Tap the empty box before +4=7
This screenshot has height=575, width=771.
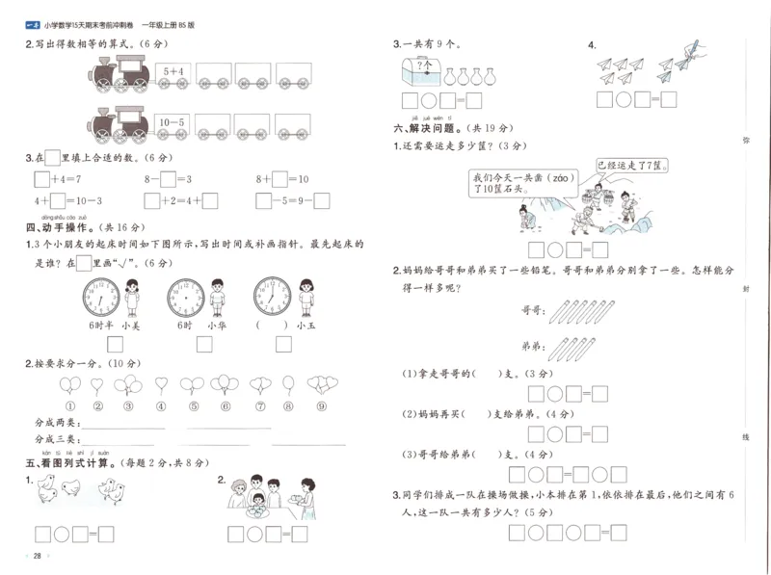[40, 178]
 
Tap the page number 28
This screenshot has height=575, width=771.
[37, 557]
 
